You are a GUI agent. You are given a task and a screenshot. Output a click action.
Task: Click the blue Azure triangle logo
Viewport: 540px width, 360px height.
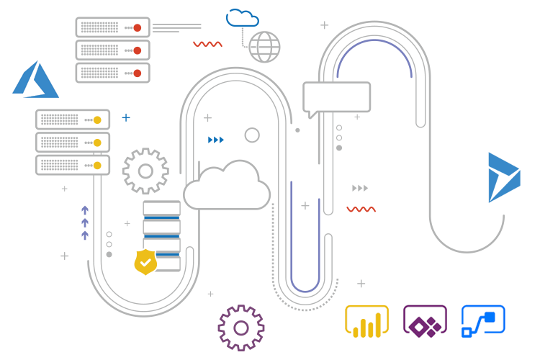(x=35, y=81)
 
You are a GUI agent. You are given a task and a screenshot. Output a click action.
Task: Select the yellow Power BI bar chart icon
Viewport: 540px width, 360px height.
(x=367, y=321)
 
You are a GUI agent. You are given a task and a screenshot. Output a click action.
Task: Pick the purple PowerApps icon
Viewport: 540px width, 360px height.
(x=425, y=321)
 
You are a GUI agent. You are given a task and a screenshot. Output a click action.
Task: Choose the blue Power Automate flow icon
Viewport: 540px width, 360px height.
(x=483, y=321)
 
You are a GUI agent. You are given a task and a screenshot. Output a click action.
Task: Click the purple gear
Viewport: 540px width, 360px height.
(x=241, y=328)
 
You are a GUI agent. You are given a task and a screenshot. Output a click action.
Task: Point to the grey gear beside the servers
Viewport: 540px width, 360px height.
(x=145, y=171)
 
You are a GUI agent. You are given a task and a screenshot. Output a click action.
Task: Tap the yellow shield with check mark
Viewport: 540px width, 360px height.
(x=146, y=262)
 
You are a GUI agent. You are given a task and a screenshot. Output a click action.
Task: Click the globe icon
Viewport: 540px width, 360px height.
(x=264, y=47)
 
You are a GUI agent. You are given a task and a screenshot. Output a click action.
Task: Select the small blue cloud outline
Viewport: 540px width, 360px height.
(x=242, y=18)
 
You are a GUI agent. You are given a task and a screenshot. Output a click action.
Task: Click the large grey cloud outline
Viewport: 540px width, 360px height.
(x=227, y=186)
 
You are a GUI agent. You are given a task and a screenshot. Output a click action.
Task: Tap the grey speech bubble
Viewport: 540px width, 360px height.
(x=336, y=98)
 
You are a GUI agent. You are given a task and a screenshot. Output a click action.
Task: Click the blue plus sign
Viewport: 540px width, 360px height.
(x=126, y=117)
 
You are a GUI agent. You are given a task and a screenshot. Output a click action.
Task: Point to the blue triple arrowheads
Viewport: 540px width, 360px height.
(x=216, y=140)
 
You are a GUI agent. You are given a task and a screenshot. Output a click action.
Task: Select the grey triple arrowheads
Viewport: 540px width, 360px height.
(x=360, y=188)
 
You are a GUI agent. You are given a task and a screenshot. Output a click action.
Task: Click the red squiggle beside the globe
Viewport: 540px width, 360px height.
(x=207, y=44)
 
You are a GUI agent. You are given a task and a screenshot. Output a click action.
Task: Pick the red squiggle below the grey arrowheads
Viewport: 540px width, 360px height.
(x=361, y=210)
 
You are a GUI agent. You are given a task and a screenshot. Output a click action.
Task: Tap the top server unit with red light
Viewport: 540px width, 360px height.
(x=112, y=27)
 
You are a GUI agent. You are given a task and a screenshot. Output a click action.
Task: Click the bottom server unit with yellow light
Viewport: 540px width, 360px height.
(x=73, y=165)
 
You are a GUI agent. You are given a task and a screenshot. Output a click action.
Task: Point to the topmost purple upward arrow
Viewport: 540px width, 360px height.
(x=85, y=210)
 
